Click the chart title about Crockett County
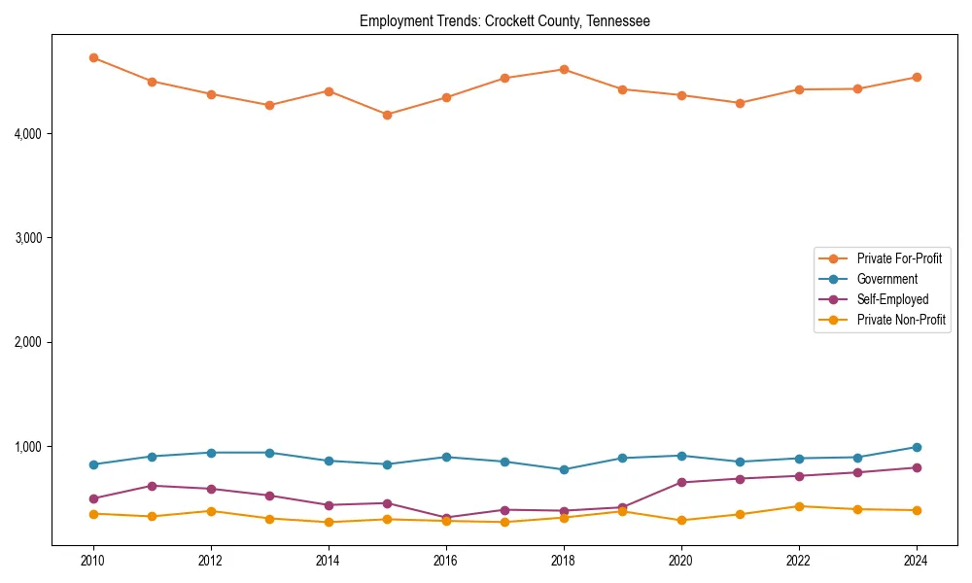503,20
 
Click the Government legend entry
886,279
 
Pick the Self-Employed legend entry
892,299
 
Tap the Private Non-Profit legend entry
901,320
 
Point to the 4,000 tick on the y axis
29,133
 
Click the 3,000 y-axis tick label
29,238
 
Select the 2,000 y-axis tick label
29,342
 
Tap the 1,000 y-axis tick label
29,447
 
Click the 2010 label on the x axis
93,561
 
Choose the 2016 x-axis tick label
445,561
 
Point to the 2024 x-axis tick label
916,561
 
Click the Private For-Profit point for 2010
93,57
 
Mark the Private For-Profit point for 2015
387,115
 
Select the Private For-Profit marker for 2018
564,69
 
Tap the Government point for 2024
916,447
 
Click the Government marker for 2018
564,469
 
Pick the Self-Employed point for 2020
681,482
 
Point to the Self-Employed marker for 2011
152,486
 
